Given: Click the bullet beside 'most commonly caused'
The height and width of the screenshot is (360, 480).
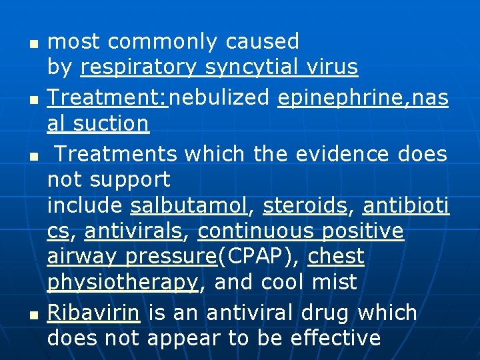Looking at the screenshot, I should [33, 44].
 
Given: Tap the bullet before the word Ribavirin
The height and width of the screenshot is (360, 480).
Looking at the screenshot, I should [33, 315].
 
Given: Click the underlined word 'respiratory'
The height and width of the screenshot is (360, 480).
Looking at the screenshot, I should [139, 68].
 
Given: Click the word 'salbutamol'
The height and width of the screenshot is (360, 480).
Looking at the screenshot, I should [189, 205].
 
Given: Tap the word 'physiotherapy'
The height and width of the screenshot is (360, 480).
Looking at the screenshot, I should [123, 283].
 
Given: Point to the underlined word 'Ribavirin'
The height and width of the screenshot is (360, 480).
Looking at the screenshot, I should [93, 312].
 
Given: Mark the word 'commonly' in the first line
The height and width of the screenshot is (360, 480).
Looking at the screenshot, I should [163, 41].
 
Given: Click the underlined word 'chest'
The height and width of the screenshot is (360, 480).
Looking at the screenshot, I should [336, 256].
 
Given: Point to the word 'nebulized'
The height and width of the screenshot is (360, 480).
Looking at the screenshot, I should [221, 98].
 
